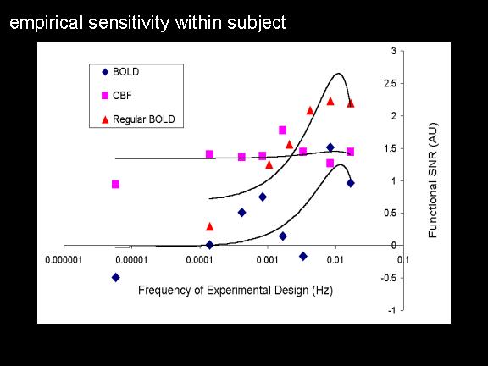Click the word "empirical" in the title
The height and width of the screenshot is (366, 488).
click(47, 23)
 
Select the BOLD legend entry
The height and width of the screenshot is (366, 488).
click(121, 72)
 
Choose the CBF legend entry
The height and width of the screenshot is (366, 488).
click(117, 96)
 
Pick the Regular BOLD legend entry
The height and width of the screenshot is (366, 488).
click(138, 119)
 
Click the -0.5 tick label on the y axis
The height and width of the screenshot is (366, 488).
click(389, 278)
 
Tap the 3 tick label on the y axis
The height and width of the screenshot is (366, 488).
click(394, 51)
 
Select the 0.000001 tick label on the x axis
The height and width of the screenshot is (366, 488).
click(64, 260)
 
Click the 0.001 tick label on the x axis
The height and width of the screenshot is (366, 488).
click(267, 260)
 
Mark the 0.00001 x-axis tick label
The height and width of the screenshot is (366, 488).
click(131, 260)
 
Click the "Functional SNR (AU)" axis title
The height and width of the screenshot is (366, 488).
click(433, 180)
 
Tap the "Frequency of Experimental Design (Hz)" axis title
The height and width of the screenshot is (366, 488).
click(236, 290)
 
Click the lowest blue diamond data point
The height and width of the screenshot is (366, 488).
click(115, 277)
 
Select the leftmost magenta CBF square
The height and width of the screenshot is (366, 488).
click(115, 184)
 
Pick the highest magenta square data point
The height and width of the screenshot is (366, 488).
click(283, 130)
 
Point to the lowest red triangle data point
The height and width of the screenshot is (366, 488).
click(210, 226)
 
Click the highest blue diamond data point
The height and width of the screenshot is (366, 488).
click(330, 147)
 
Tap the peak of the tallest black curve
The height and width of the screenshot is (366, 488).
click(339, 74)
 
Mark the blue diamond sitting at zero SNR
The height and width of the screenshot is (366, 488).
click(210, 245)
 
